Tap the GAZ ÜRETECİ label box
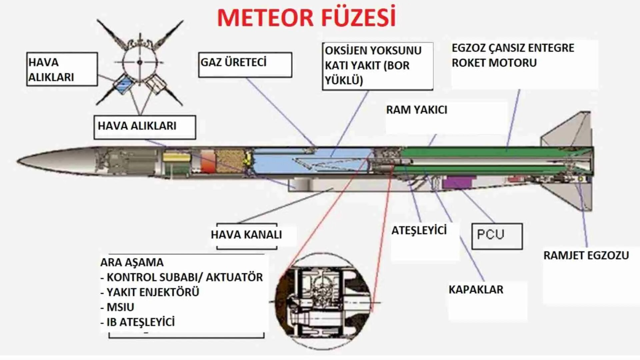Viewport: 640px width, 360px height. pos(245,64)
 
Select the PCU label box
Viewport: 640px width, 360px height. pos(497,236)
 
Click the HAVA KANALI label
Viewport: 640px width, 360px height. pos(246,235)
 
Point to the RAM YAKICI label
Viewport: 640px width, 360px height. pos(416,110)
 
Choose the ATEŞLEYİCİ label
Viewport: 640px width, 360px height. pos(419,230)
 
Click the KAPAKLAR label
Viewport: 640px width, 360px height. pos(476,290)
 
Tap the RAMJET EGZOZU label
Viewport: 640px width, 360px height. pos(586,256)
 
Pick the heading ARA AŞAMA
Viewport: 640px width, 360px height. pos(132,262)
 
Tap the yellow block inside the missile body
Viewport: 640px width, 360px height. pos(176,157)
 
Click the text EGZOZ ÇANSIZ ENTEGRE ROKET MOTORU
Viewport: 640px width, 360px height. pos(512,55)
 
